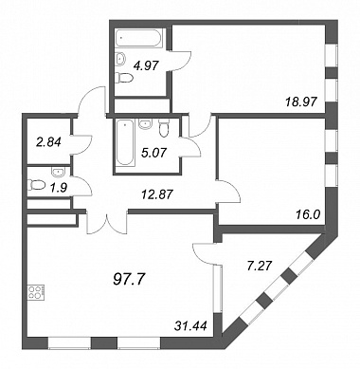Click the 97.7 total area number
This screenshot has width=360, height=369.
pyautogui.click(x=129, y=279)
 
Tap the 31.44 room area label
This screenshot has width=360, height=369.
pyautogui.click(x=190, y=325)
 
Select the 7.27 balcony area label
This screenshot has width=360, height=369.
pyautogui.click(x=259, y=266)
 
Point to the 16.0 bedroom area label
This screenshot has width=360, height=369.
pyautogui.click(x=308, y=215)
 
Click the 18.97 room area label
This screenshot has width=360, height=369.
pyautogui.click(x=300, y=101)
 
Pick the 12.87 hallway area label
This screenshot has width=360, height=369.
pyautogui.click(x=156, y=194)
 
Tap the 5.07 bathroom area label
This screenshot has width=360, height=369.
pyautogui.click(x=154, y=153)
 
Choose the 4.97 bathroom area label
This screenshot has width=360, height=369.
pyautogui.click(x=145, y=66)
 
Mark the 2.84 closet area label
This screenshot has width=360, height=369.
pyautogui.click(x=48, y=142)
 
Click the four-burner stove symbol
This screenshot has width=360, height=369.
pyautogui.click(x=36, y=292)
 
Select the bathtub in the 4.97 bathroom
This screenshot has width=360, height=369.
pyautogui.click(x=139, y=39)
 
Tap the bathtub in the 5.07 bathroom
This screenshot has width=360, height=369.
pyautogui.click(x=124, y=142)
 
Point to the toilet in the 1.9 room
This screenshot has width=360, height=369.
pyautogui.click(x=36, y=185)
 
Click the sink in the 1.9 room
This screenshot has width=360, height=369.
pyautogui.click(x=58, y=172)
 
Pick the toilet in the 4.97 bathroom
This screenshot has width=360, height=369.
pyautogui.click(x=123, y=78)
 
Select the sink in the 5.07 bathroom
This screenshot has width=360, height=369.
pyautogui.click(x=145, y=123)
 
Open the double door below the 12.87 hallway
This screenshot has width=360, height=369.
pyautogui.click(x=107, y=224)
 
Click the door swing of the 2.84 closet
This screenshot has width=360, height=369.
pyautogui.click(x=82, y=145)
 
